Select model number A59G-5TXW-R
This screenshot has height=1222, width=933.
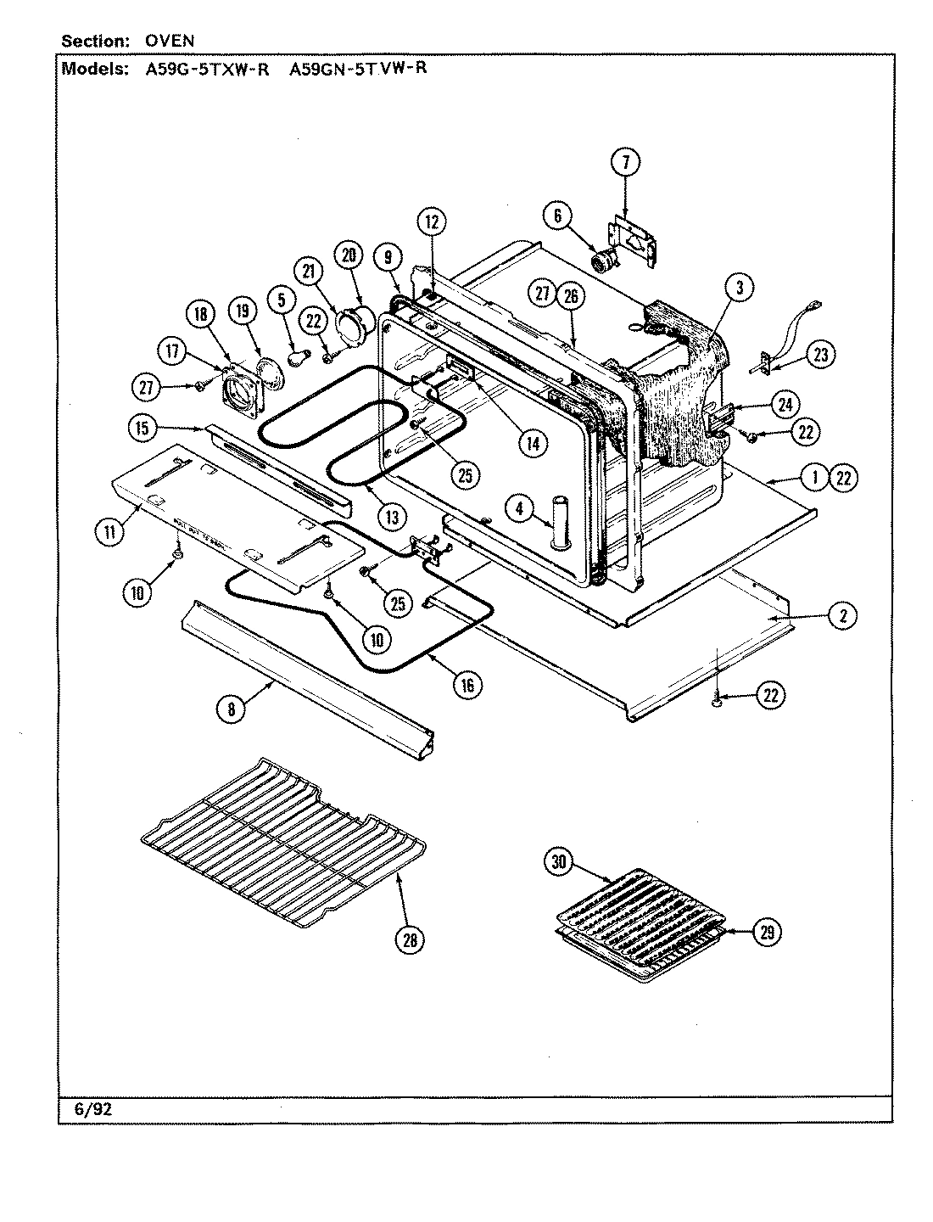pos(202,70)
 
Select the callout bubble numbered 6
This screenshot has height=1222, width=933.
pos(557,216)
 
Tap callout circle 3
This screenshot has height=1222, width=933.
pos(739,288)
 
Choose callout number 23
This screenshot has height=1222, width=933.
pos(819,354)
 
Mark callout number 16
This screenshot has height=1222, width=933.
pos(466,684)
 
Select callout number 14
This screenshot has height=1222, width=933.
pos(534,442)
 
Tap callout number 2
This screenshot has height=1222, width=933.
pos(842,617)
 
